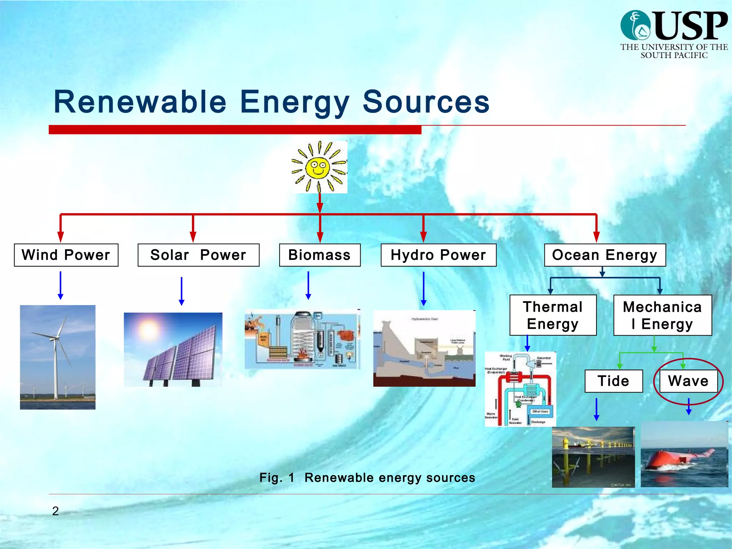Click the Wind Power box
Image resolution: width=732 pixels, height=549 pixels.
pyautogui.click(x=66, y=255)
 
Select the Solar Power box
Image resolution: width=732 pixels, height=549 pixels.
pyautogui.click(x=198, y=255)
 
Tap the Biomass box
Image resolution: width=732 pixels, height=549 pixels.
pyautogui.click(x=320, y=255)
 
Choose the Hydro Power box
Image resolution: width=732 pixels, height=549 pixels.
pyautogui.click(x=438, y=255)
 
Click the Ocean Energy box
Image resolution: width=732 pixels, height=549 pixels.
pyautogui.click(x=605, y=255)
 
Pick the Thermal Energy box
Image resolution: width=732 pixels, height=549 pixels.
pyautogui.click(x=553, y=315)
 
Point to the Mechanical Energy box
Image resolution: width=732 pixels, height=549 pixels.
pyautogui.click(x=662, y=315)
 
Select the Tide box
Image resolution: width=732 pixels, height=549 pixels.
pyautogui.click(x=613, y=381)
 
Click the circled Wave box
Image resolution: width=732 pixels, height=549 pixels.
pyautogui.click(x=688, y=381)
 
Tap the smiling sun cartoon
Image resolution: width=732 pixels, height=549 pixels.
pyautogui.click(x=319, y=167)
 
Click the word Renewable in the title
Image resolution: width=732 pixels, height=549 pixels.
pyautogui.click(x=140, y=102)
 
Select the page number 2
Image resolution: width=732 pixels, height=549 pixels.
pyautogui.click(x=55, y=511)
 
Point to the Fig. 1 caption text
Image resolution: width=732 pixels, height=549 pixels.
pyautogui.click(x=367, y=478)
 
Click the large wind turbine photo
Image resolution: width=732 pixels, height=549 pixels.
pyautogui.click(x=58, y=357)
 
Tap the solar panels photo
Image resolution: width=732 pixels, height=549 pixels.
pyautogui.click(x=173, y=350)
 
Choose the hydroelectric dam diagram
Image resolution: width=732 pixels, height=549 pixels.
pyautogui.click(x=424, y=349)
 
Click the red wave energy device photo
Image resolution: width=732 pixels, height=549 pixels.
pyautogui.click(x=684, y=455)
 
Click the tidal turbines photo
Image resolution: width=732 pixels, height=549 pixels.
pyautogui.click(x=593, y=457)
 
